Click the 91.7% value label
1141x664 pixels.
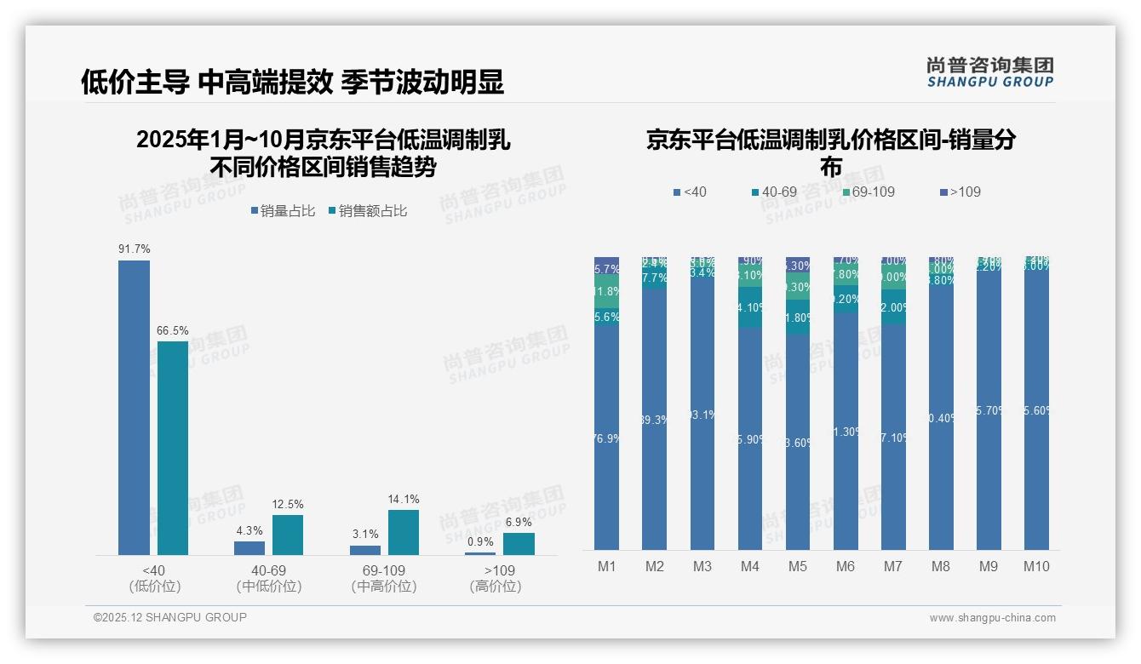135,249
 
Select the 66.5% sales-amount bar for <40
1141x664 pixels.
173,448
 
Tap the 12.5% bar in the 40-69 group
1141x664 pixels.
288,535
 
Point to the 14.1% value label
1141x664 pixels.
404,500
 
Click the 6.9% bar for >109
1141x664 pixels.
519,544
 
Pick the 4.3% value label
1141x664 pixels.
249,531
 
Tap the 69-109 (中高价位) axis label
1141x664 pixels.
384,578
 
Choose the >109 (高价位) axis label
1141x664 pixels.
496,578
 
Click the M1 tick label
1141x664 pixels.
606,566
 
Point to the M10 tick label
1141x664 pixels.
1036,566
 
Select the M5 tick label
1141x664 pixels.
798,566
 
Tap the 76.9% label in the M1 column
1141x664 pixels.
606,438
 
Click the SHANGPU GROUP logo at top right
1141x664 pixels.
989,72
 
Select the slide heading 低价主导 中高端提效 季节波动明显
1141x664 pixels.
292,82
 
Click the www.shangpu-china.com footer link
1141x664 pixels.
992,618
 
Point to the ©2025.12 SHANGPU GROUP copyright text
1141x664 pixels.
170,617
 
